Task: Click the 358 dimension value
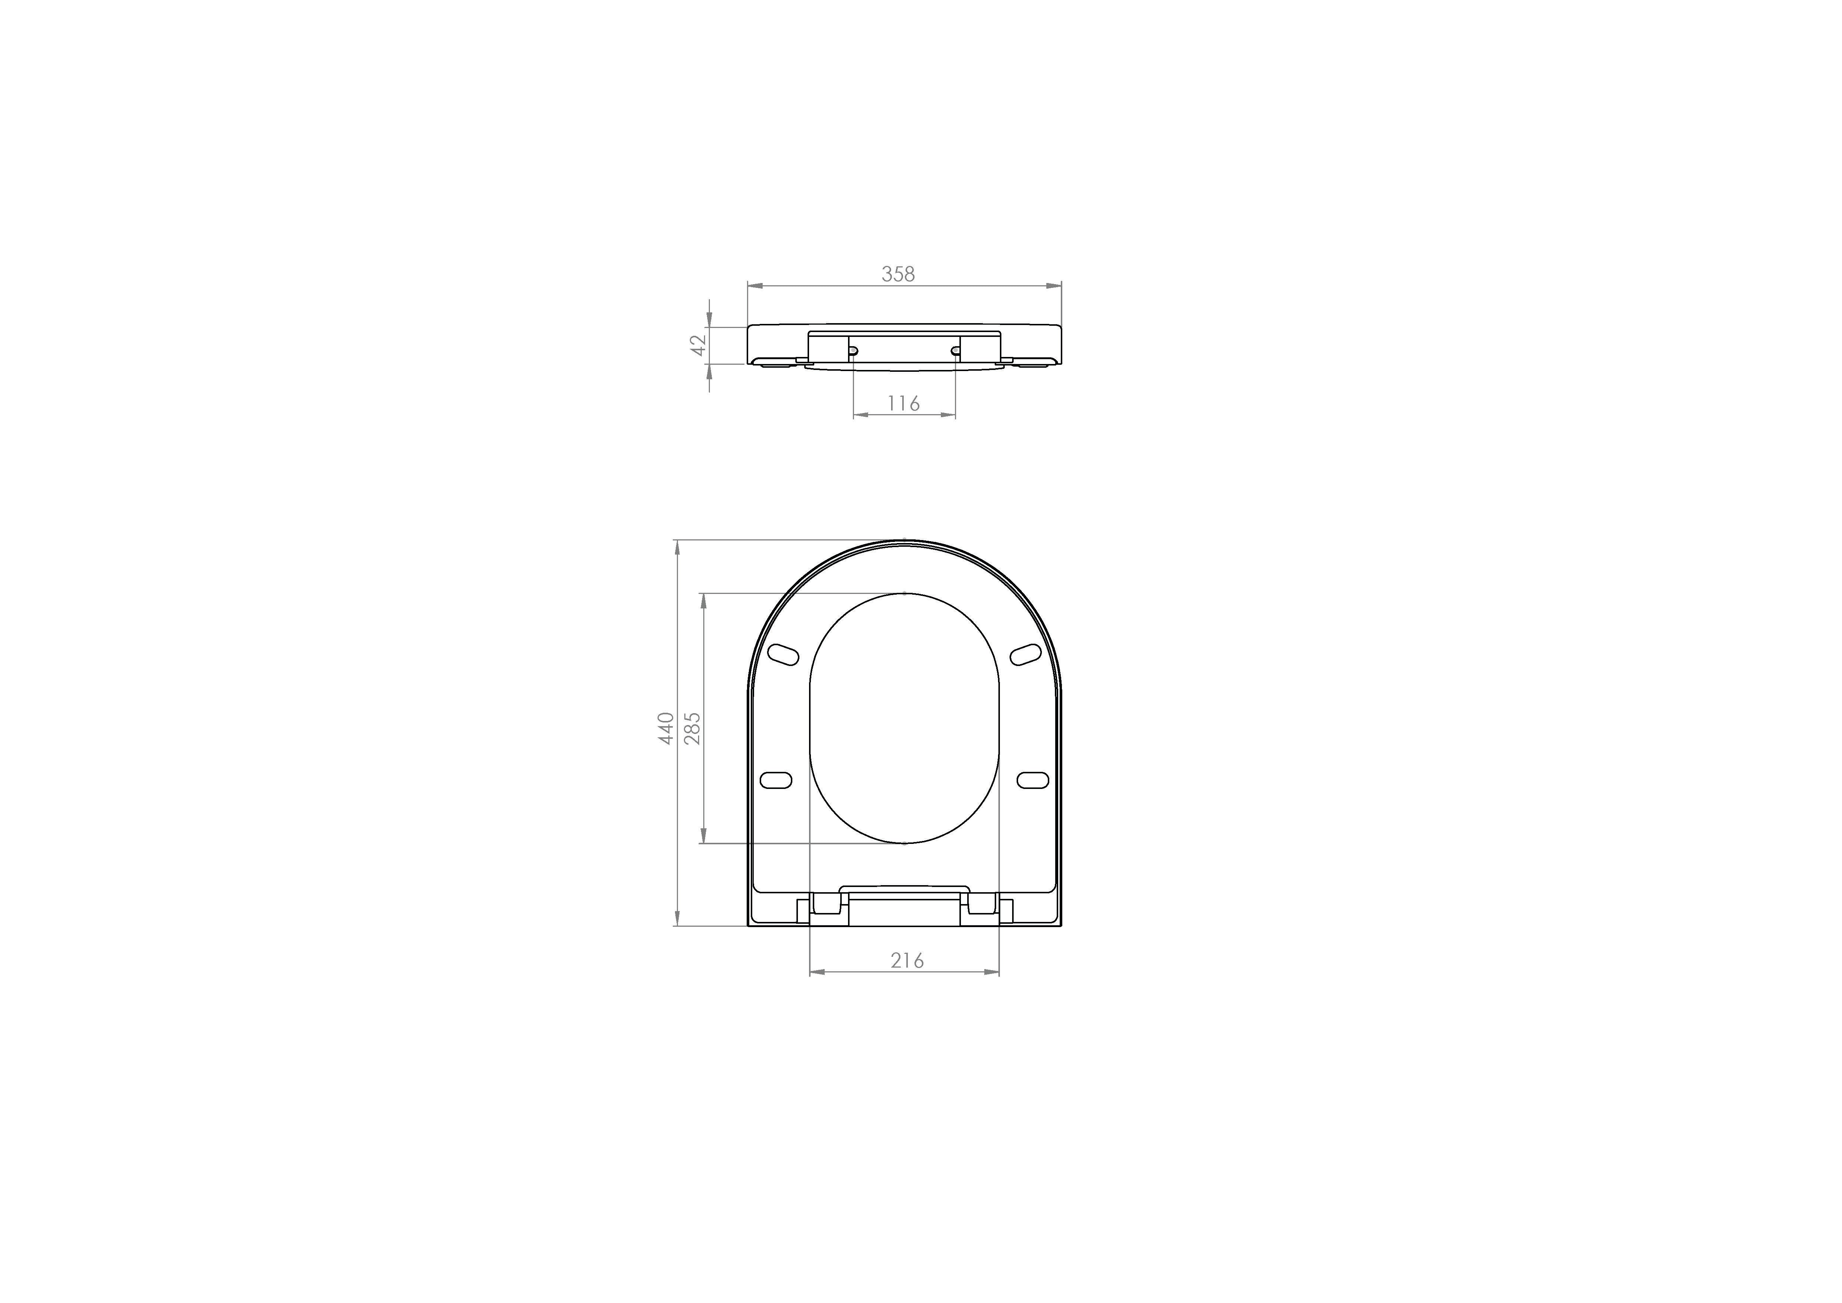coord(898,274)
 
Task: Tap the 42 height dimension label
coord(699,345)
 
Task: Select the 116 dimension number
coord(903,404)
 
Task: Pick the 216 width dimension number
coord(907,961)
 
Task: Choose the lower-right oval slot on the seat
coord(1033,780)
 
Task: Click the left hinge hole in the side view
coord(853,351)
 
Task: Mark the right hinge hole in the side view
coord(955,351)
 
